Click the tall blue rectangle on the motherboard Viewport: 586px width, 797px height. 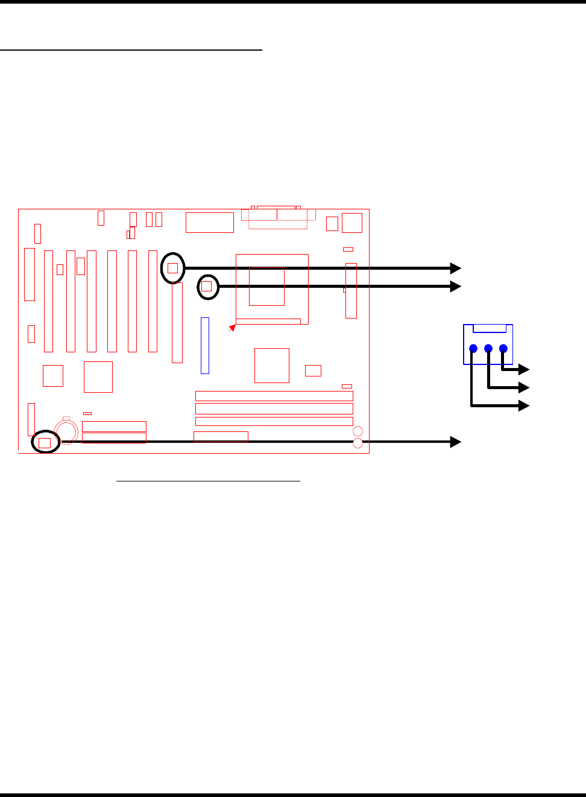(205, 345)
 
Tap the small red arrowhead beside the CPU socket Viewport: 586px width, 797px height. (232, 328)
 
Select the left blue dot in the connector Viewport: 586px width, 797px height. (473, 348)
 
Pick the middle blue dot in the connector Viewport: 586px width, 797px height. (488, 348)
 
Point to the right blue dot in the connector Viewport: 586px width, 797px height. (503, 348)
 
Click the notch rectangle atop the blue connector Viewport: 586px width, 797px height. (490, 329)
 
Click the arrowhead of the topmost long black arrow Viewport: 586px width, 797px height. (456, 268)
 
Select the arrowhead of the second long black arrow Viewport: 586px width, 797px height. (456, 286)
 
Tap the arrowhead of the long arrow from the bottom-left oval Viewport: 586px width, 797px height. (456, 442)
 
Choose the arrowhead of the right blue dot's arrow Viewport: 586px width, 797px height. (524, 369)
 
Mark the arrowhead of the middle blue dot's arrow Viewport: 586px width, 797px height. (524, 387)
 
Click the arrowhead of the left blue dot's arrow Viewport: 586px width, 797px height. (524, 405)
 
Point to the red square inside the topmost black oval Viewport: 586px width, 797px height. (173, 267)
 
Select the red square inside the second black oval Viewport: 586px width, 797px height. (207, 286)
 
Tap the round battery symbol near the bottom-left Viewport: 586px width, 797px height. (66, 431)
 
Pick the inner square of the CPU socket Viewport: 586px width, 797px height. (266, 286)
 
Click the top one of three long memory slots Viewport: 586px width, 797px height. (274, 396)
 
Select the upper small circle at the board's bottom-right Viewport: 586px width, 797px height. (358, 431)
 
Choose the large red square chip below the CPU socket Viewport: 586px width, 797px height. (272, 365)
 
